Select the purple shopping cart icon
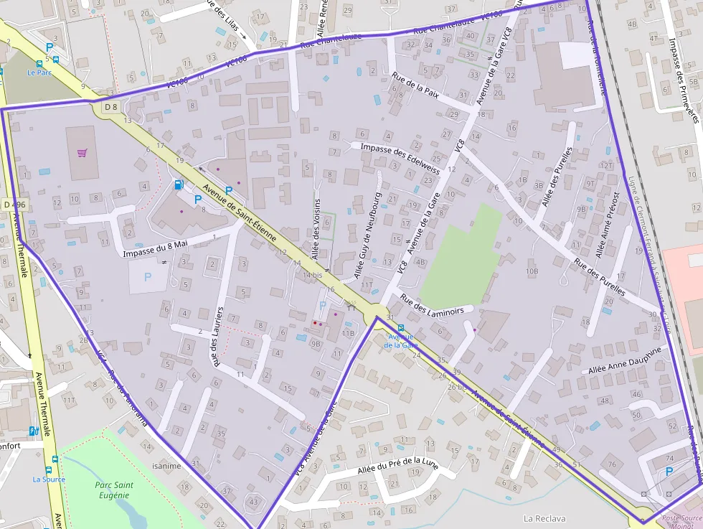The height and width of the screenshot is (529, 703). coord(82,153)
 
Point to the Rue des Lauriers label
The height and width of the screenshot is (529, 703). coord(214,337)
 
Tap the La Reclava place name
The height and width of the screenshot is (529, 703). coord(544,518)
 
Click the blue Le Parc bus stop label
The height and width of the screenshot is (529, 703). coord(39,72)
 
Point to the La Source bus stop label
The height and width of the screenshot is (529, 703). coord(49,479)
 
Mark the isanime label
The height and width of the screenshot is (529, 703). coord(166,464)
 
